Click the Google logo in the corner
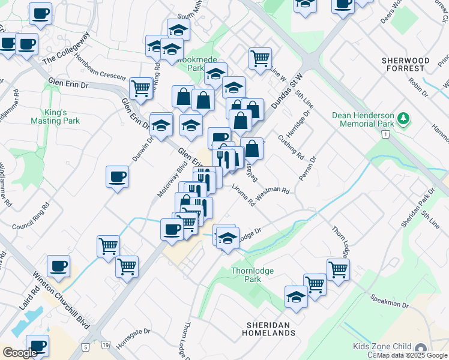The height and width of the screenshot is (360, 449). pos(20,353)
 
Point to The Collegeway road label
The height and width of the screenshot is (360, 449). pos(66,56)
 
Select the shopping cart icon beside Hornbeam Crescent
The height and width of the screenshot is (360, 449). pos(140,88)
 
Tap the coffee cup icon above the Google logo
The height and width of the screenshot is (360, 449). pos(38,346)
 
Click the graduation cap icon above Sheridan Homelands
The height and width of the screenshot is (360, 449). pos(296,297)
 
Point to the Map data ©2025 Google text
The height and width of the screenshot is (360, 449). pos(412,355)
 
